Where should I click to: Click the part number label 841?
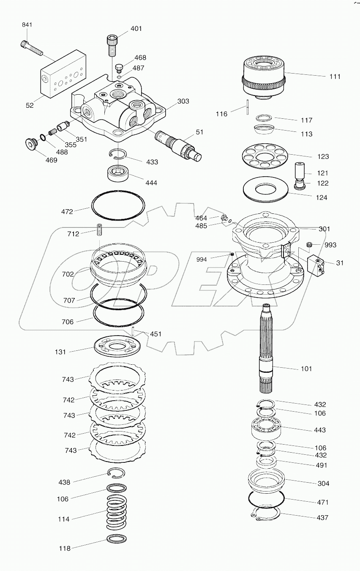[x=27, y=25]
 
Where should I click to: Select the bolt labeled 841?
[x=31, y=48]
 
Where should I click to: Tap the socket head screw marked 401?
[x=111, y=46]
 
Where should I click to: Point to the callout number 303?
[x=183, y=101]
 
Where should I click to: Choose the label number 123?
[x=323, y=156]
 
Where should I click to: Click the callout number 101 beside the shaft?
[x=306, y=369]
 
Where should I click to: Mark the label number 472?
[x=67, y=211]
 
